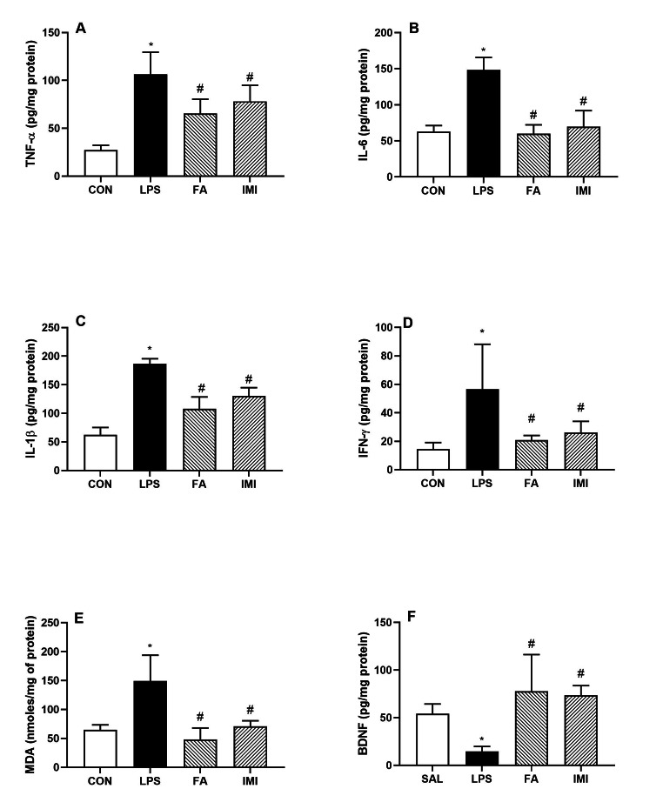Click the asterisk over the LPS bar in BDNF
481,739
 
